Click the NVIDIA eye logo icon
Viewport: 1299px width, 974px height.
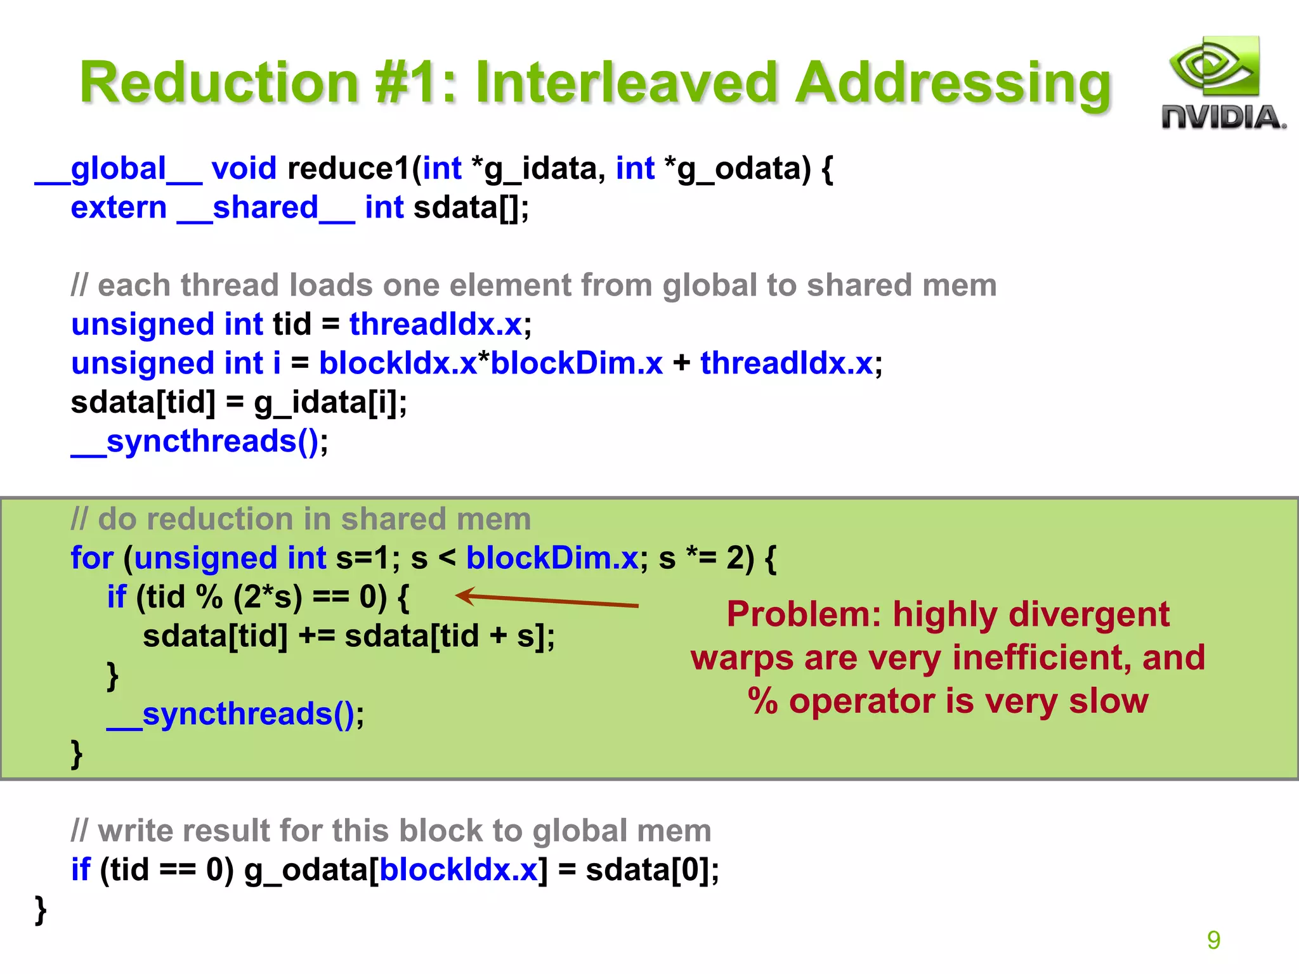1213,67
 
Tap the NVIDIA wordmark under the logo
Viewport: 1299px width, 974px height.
1224,118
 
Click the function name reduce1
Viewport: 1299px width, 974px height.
348,169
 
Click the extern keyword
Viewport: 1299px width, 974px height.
119,208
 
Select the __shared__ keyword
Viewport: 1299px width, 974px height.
265,208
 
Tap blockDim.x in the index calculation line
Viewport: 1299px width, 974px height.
577,363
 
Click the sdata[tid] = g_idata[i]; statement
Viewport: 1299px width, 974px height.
238,403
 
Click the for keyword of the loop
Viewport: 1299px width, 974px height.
92,559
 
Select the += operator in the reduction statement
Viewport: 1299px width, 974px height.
316,636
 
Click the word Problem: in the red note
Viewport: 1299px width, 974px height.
804,614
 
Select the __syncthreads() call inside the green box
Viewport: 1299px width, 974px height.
235,715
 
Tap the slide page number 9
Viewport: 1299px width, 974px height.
1213,940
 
